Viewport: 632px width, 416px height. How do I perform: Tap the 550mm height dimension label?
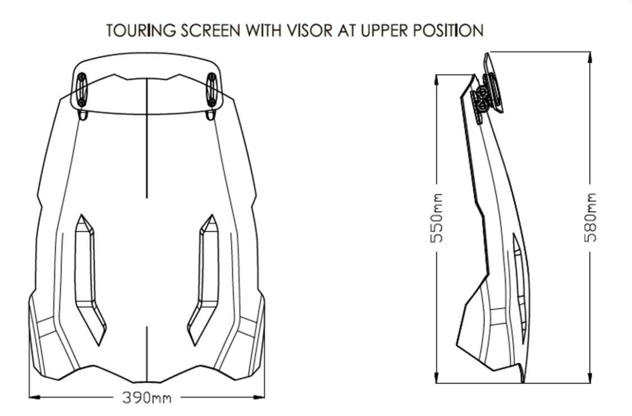click(x=437, y=218)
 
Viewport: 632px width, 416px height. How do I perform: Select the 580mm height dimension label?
click(x=590, y=218)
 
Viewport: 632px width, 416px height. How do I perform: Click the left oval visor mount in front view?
click(x=81, y=90)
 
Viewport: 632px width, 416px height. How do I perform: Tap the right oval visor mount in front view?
click(x=212, y=90)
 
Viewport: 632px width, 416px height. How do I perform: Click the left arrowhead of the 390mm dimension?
click(x=33, y=398)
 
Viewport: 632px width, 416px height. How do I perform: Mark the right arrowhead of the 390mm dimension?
click(x=261, y=398)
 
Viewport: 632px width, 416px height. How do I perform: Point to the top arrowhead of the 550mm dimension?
click(x=437, y=77)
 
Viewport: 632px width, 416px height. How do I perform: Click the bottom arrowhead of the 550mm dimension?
click(x=437, y=380)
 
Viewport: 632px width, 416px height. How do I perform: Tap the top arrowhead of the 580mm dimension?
click(x=590, y=55)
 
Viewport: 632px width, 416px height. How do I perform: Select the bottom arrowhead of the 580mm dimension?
click(x=590, y=380)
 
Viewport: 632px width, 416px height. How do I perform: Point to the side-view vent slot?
click(x=519, y=281)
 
